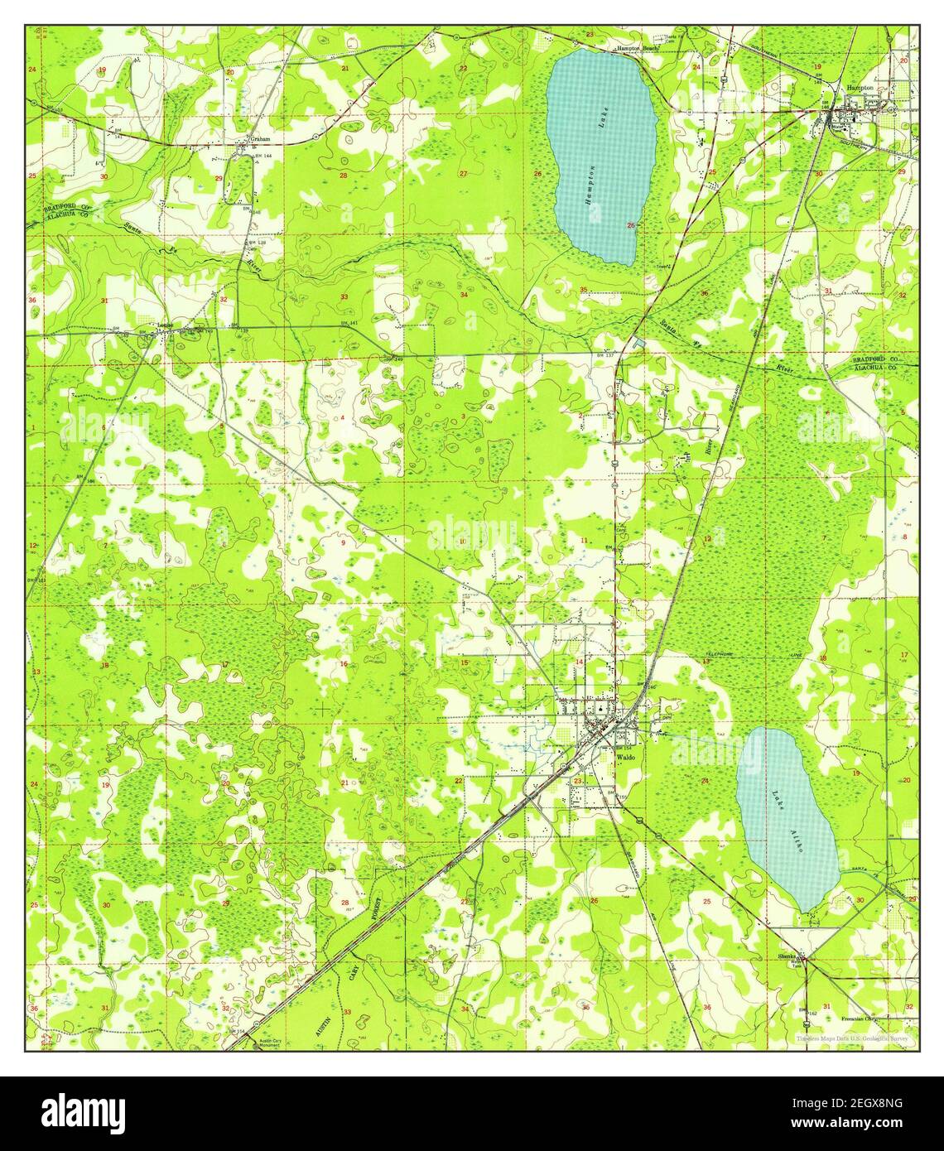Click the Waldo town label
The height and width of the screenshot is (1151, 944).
tap(624, 755)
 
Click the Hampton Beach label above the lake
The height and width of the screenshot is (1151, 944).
tap(637, 50)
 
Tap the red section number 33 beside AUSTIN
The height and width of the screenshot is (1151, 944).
tap(347, 1012)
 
